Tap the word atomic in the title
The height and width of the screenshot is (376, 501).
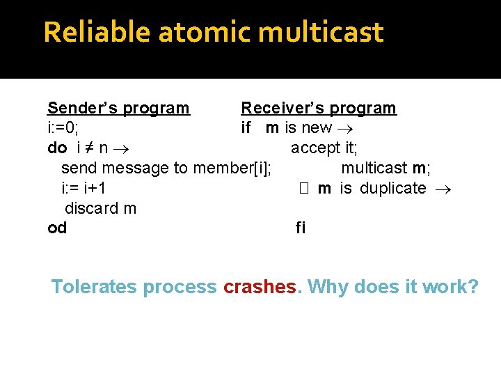198,32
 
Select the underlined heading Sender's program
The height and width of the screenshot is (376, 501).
118,108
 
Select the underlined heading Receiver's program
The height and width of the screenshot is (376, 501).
318,108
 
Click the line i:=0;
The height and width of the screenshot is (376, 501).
63,128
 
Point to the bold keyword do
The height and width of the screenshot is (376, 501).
57,148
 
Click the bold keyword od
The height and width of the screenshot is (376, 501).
57,228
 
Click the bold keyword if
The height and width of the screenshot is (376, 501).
246,128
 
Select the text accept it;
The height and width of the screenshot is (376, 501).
324,148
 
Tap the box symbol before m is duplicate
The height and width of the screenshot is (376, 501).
303,188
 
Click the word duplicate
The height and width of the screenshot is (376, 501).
392,188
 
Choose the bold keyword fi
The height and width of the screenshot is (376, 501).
301,228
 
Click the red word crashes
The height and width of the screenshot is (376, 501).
260,286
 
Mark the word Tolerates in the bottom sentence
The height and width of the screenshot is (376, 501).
95,286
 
